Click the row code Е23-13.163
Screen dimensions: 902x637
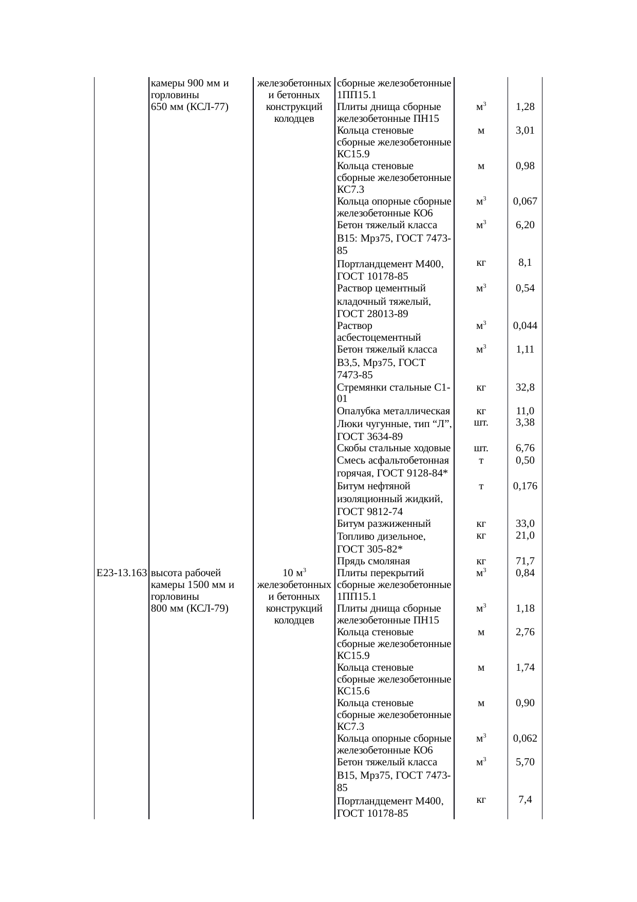122,573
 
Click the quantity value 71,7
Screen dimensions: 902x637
525,561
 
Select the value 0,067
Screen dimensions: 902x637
525,201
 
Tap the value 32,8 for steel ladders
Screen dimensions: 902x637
525,388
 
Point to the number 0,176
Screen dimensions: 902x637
525,486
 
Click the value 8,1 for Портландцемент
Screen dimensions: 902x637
525,263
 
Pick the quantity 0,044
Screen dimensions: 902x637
525,325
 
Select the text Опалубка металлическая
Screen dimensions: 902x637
394,411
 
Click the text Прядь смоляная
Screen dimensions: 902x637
373,561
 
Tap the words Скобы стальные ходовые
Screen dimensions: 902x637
394,448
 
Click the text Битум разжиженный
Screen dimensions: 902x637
384,524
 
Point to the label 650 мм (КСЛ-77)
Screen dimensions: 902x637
190,107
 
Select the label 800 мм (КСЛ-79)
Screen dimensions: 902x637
190,609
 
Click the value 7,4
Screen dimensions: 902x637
525,799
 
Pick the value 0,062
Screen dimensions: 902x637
525,739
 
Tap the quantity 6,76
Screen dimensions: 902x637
525,448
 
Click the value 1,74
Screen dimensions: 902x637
525,668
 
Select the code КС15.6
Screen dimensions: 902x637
353,691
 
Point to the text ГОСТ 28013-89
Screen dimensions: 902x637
372,314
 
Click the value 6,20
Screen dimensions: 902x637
525,225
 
